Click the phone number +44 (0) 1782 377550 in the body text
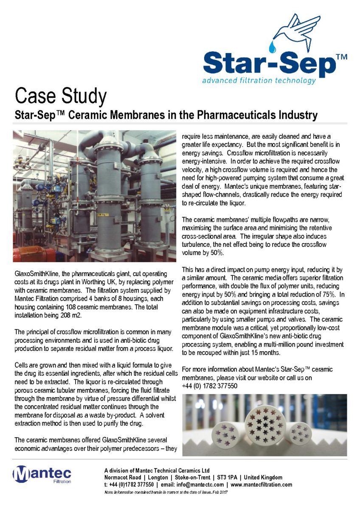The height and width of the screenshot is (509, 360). tap(209, 386)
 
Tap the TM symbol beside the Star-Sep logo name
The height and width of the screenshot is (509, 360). tap(342, 57)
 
